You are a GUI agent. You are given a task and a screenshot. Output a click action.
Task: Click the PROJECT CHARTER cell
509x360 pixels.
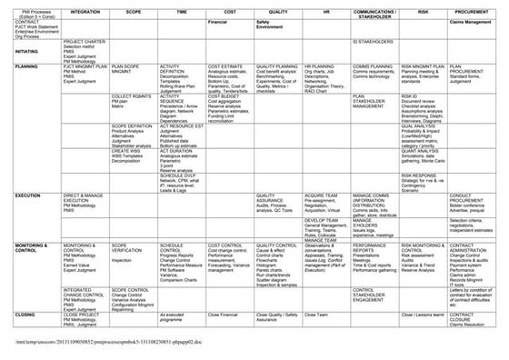[x=83, y=42]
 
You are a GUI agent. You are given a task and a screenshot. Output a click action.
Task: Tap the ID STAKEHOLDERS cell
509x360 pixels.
[x=372, y=42]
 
